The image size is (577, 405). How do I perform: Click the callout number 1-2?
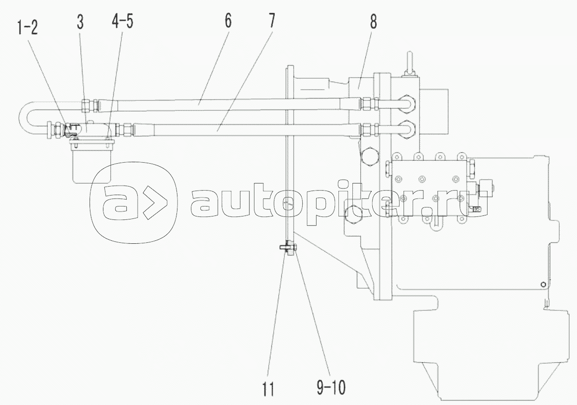27,28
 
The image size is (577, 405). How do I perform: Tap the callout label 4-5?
122,22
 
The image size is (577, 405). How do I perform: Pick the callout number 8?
373,22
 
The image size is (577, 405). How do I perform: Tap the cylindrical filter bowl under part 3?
92,163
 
